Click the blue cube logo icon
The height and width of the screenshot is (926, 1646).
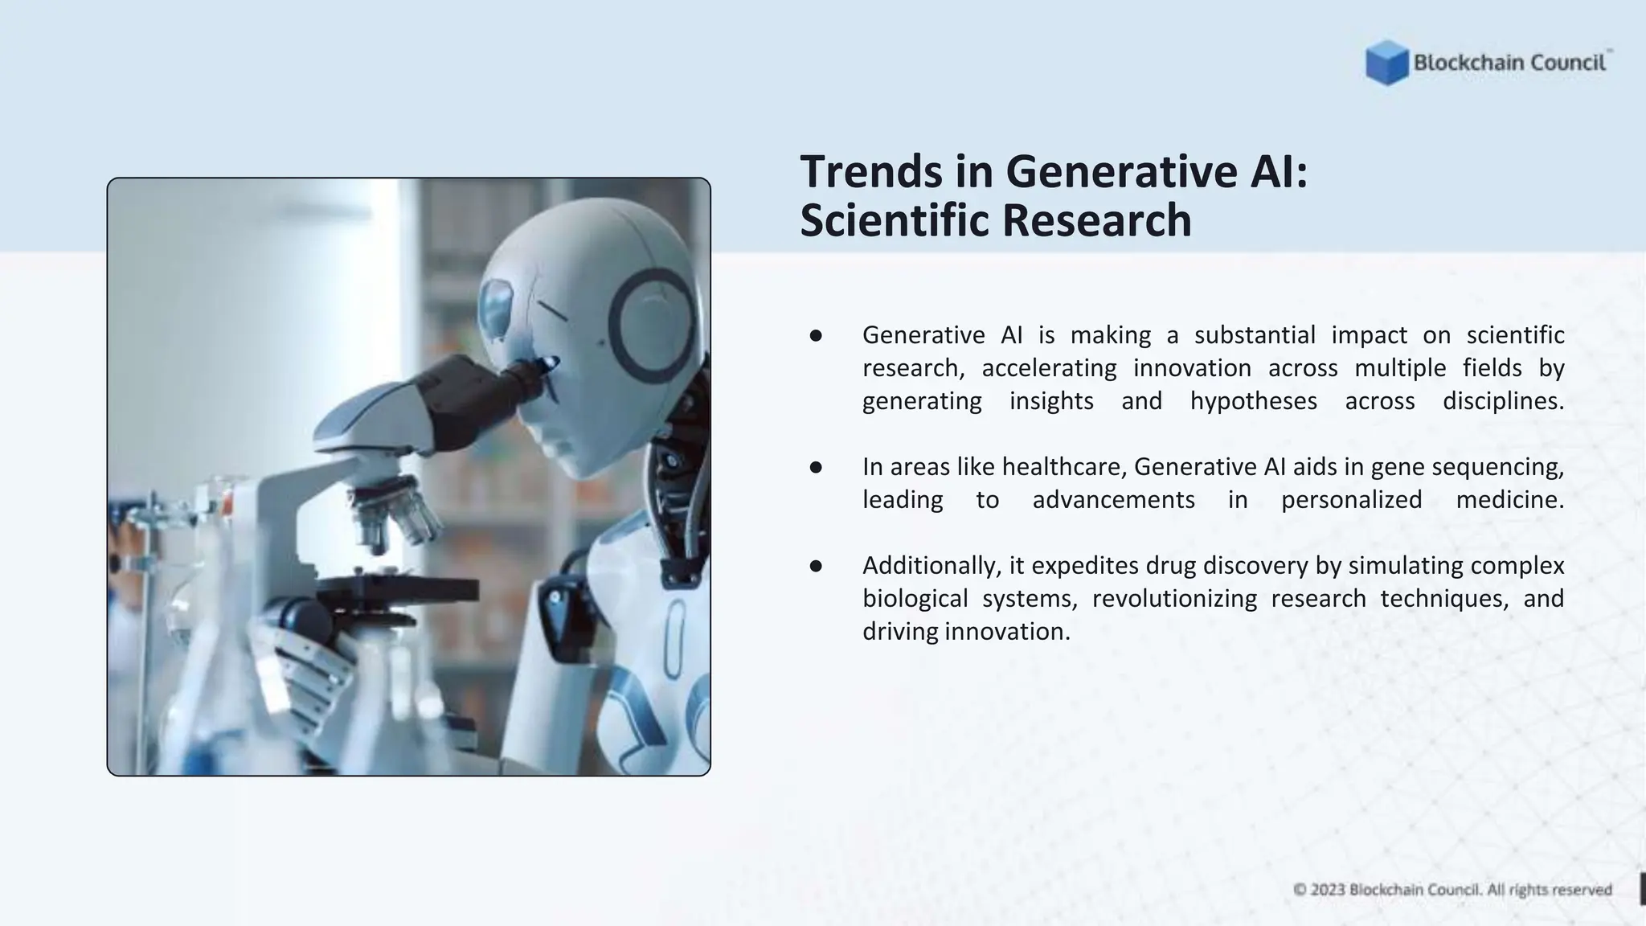[1386, 63]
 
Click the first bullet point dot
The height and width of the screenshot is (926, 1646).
[816, 335]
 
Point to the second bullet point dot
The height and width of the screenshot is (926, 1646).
[816, 467]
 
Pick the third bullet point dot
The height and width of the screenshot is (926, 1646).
[816, 566]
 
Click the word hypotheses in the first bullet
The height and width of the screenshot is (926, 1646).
[1253, 401]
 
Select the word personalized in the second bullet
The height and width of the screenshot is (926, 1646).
[1351, 500]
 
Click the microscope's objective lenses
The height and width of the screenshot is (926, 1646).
[394, 514]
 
